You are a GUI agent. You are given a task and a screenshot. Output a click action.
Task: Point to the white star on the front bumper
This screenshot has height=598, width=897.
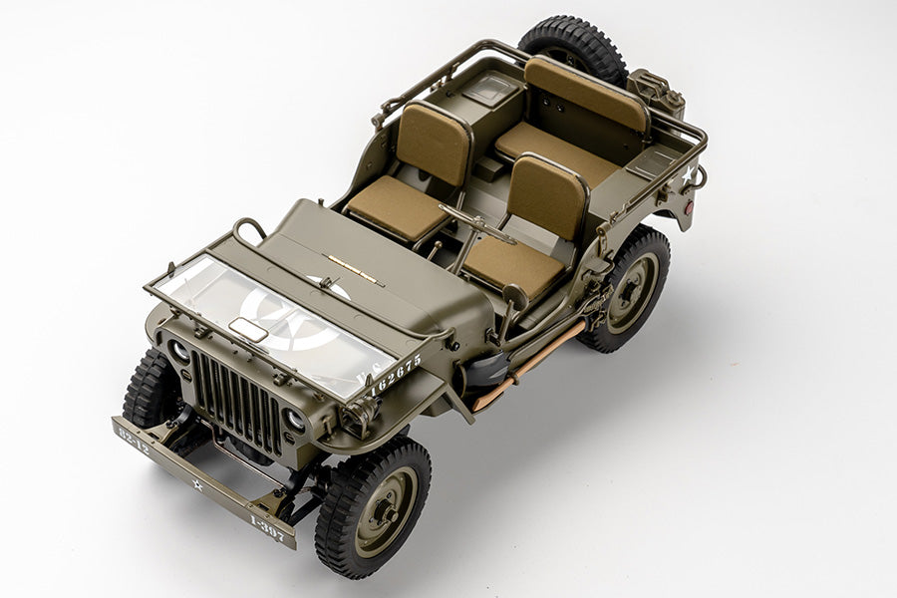(197, 484)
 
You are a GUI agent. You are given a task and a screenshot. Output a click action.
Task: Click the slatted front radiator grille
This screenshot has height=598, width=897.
(236, 400)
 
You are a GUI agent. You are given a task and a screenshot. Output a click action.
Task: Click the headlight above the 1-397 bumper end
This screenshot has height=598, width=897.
(294, 421)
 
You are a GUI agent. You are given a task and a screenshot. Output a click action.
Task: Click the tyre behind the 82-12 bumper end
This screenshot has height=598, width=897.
(149, 391)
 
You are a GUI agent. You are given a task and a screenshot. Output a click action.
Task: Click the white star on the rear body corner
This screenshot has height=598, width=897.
(688, 176)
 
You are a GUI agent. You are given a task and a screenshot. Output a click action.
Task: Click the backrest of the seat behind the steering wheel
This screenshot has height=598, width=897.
(547, 195)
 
